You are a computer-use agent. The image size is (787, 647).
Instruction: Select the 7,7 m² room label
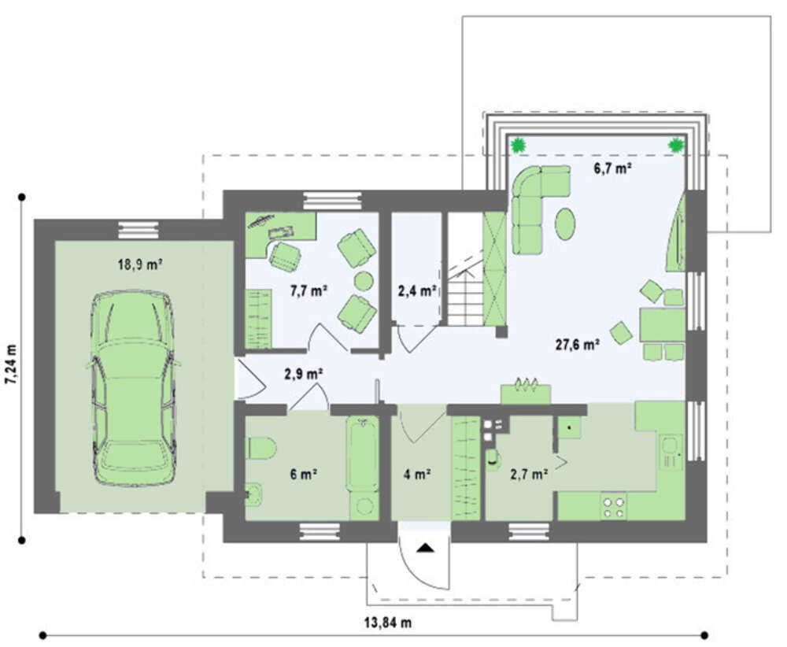point(309,290)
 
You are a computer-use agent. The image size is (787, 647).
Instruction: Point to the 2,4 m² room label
point(416,290)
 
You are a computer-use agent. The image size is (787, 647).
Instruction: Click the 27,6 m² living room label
point(577,344)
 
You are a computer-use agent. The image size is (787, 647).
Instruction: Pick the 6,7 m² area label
point(612,168)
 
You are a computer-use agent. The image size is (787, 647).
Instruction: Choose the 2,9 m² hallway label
point(304,374)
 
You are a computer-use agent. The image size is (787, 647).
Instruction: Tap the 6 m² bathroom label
point(303,473)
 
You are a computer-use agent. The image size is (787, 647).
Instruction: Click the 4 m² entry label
point(417,473)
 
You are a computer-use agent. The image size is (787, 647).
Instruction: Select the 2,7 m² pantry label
point(529,473)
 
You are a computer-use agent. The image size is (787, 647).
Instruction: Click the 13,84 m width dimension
point(388,623)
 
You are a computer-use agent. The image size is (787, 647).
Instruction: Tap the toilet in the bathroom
point(261,448)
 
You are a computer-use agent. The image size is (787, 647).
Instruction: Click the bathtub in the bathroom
point(362,453)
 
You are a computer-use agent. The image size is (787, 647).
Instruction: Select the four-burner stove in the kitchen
point(614,506)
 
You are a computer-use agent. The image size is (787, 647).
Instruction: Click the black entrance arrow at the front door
point(425,548)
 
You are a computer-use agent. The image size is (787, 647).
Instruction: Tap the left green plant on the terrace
point(518,146)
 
